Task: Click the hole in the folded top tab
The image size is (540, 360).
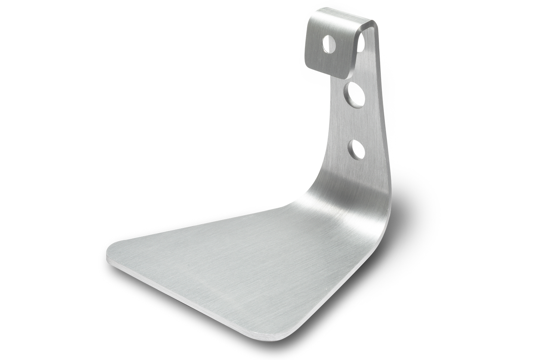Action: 329,44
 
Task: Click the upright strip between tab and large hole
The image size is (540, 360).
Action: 359,73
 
